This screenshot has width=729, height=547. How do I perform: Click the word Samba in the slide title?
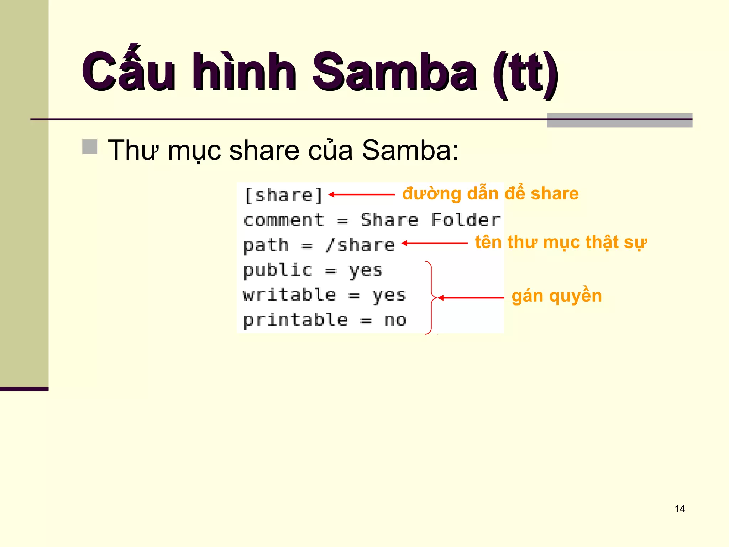(x=394, y=72)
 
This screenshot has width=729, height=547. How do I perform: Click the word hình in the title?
(x=245, y=72)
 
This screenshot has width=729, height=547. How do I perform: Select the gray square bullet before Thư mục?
(x=90, y=147)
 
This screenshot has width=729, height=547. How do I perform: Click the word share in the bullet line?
(x=264, y=150)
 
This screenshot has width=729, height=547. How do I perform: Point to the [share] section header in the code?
(x=284, y=195)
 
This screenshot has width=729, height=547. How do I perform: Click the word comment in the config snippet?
(x=284, y=220)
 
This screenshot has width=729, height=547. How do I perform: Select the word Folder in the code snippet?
(x=466, y=220)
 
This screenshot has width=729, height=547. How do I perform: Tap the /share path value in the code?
(x=360, y=245)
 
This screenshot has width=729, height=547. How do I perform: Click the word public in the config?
(x=278, y=270)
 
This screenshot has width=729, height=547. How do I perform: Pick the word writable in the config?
(x=289, y=295)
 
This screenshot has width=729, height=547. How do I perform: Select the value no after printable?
(x=395, y=320)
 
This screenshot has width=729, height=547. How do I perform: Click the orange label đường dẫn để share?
(x=491, y=194)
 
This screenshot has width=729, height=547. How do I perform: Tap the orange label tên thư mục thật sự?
(x=561, y=243)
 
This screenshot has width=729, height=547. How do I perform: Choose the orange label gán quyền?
(x=557, y=296)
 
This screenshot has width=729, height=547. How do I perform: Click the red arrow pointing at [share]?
(x=362, y=194)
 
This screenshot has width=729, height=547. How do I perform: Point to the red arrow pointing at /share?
(x=434, y=243)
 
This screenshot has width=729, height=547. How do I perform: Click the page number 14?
(x=680, y=509)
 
